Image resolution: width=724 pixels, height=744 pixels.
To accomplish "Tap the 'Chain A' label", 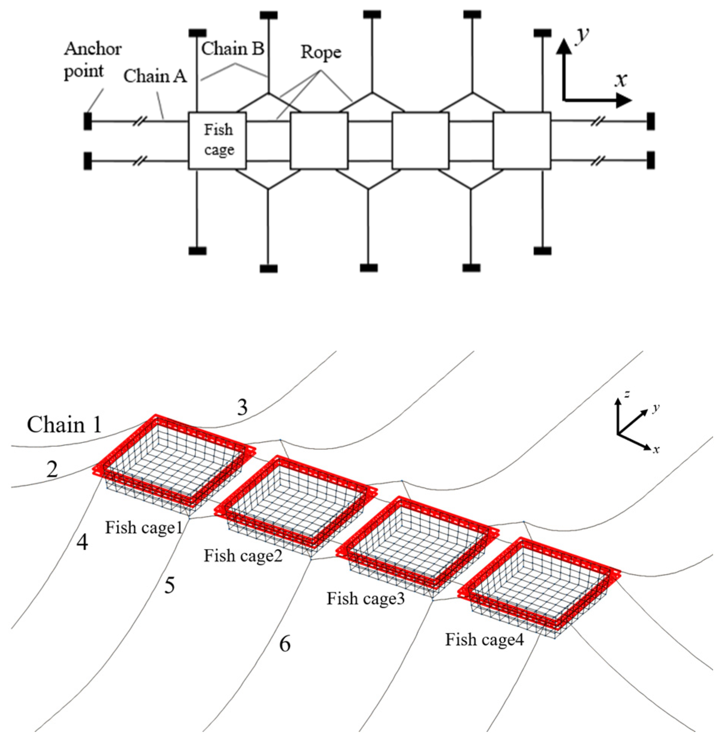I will pos(155,76).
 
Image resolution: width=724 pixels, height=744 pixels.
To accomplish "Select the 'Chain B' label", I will pos(233,49).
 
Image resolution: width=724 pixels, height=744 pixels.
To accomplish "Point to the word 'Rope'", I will pos(321,52).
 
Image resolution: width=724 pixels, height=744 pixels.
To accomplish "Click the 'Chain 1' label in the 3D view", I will pos(65,425).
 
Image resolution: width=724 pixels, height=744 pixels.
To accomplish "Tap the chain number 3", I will pos(242,408).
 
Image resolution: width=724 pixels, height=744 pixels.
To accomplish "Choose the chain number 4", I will pos(82,543).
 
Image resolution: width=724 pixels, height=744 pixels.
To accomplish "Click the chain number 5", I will pos(169,586).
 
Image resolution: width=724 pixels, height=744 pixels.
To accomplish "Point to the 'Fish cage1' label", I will pos(144,527).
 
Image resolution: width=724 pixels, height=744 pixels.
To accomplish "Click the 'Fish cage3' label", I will pos(365,598).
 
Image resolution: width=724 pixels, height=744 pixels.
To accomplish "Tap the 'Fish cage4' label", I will pos(484,639).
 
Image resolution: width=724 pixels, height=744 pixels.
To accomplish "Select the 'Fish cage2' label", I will pos(243,556).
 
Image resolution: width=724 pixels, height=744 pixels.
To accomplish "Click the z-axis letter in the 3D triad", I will pos(627,394).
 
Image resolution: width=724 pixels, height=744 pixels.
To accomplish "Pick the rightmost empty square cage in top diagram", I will pos(522,141).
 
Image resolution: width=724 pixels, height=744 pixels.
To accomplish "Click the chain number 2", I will pos(52,470).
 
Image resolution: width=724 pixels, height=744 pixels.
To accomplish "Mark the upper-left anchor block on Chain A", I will pos(88,121).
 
